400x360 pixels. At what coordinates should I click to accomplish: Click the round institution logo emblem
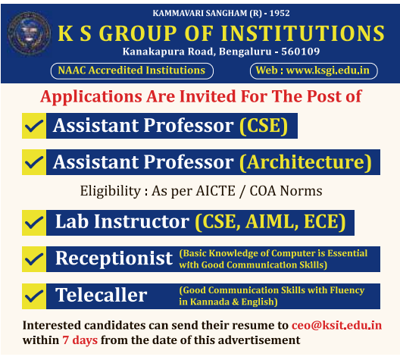click(x=29, y=33)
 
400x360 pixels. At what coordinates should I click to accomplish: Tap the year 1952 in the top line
click(x=280, y=13)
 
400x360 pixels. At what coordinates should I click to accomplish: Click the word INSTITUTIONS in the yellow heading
click(x=303, y=33)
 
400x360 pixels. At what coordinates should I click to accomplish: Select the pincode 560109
click(x=301, y=52)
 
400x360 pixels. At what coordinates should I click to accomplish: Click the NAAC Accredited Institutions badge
click(x=132, y=70)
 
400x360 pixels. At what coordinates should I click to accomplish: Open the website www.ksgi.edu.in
click(x=328, y=70)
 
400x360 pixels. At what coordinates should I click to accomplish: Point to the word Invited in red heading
click(x=208, y=97)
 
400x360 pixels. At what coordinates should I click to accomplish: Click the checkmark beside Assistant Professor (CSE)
click(x=34, y=126)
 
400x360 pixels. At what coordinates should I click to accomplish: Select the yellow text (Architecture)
click(x=305, y=162)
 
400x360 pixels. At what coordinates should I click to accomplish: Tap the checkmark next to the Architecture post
click(x=34, y=162)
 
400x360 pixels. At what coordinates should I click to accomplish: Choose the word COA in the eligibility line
click(x=263, y=191)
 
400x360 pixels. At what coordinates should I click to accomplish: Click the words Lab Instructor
click(x=122, y=221)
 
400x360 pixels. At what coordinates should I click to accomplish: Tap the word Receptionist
click(x=114, y=258)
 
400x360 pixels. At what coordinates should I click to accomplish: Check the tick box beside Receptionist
click(x=34, y=259)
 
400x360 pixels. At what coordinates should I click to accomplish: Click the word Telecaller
click(x=102, y=295)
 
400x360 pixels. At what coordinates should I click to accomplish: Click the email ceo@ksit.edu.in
click(x=336, y=325)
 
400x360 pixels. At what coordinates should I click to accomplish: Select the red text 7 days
click(x=80, y=340)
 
